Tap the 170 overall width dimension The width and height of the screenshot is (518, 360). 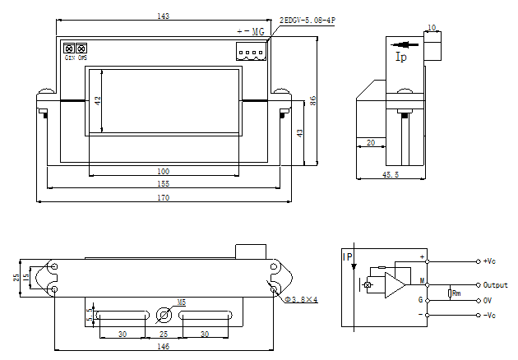pos(164,197)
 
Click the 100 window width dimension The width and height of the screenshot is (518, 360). pos(164,171)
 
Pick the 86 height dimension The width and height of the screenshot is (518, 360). pos(313,99)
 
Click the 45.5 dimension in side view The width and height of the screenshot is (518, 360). pos(391,175)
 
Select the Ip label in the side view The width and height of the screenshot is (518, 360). pos(401,58)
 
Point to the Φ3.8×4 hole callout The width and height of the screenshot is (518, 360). pos(302,299)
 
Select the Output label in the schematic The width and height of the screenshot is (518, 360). pos(495,285)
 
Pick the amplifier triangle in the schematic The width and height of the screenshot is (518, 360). pos(395,285)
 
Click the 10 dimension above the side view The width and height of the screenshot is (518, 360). pos(432,27)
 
